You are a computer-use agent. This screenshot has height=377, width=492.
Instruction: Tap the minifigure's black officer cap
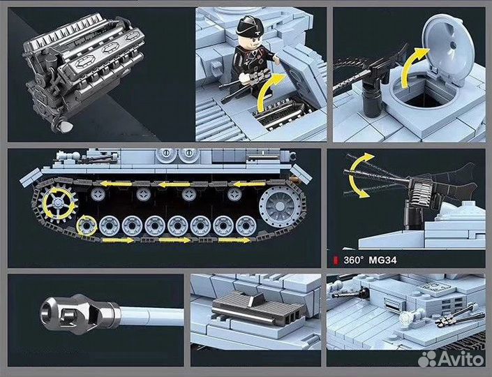(x=248, y=28)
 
